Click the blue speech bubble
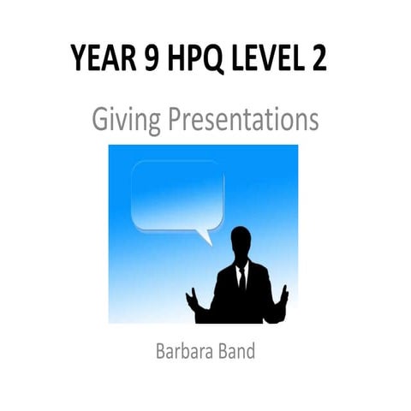177,197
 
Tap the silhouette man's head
241,244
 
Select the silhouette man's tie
241,278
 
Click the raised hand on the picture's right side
284,295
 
